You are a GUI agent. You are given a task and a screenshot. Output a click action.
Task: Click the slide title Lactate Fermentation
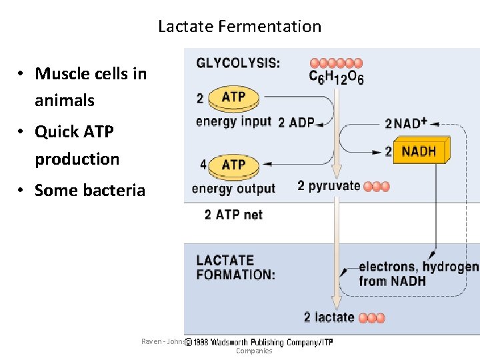[x=239, y=27]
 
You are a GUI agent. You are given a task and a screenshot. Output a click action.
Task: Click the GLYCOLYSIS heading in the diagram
[x=238, y=63]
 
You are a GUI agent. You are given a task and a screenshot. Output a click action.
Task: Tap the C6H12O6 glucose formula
[x=336, y=77]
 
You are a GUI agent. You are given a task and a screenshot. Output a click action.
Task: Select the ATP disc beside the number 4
[x=233, y=165]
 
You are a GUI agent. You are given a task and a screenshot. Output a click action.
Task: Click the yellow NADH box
[x=421, y=151]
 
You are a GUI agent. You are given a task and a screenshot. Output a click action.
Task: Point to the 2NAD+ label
[x=405, y=123]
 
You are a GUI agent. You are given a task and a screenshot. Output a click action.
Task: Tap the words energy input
[x=233, y=121]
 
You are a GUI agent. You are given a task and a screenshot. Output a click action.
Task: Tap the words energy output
[x=233, y=188]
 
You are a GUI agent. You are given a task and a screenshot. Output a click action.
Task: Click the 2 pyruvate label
[x=329, y=186]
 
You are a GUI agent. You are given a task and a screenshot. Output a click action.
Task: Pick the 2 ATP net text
[x=233, y=215]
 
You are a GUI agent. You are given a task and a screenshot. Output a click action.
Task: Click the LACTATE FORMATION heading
[x=235, y=267]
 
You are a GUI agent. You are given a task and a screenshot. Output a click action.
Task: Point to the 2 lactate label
[x=329, y=317]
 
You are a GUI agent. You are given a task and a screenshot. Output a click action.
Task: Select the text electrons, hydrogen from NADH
[x=418, y=274]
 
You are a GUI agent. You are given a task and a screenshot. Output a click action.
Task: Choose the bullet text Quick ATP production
[x=77, y=145]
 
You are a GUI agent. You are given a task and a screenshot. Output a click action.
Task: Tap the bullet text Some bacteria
[x=89, y=190]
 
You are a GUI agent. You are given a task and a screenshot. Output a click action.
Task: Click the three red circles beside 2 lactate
[x=371, y=318]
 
